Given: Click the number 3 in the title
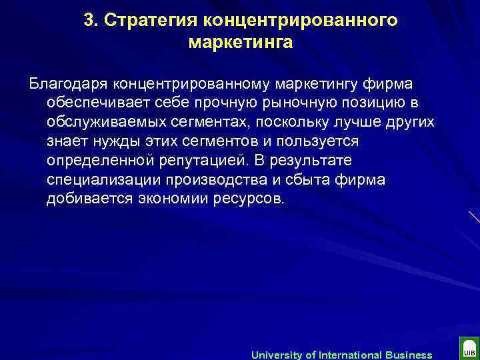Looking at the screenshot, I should pyautogui.click(x=88, y=20).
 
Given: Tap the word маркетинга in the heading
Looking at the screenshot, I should pyautogui.click(x=241, y=43).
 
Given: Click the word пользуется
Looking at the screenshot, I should pyautogui.click(x=321, y=142).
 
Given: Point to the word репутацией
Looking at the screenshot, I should pyautogui.click(x=201, y=161).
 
